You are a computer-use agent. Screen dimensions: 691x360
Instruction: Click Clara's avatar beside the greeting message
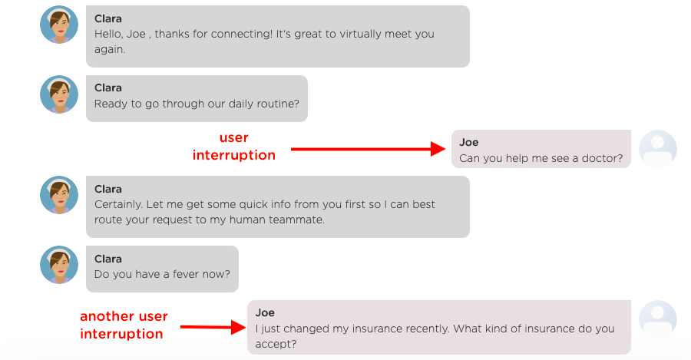tap(59, 25)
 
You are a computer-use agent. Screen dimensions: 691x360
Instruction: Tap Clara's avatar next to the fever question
tap(59, 265)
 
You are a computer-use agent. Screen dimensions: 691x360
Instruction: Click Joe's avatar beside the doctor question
tap(657, 149)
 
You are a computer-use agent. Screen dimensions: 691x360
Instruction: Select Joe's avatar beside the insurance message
tap(657, 319)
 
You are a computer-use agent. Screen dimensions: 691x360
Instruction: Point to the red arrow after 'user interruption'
tap(369, 149)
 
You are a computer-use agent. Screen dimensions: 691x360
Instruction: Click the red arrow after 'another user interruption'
tap(213, 327)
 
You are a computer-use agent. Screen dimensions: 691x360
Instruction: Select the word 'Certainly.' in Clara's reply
tap(118, 204)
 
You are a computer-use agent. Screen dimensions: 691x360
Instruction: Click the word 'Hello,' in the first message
tap(108, 34)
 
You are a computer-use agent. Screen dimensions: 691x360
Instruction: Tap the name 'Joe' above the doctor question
tap(468, 142)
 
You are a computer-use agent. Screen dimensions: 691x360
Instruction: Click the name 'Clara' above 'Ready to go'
tap(108, 88)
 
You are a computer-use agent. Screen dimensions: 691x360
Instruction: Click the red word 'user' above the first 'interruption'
tap(234, 138)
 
